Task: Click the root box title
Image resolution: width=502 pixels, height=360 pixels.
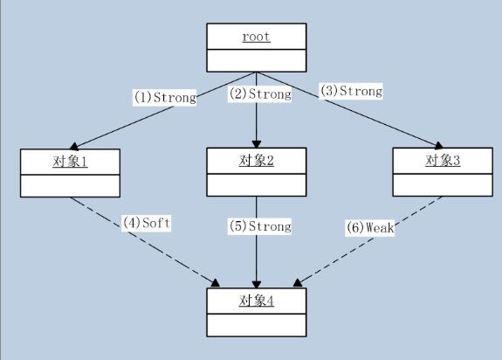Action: pyautogui.click(x=257, y=37)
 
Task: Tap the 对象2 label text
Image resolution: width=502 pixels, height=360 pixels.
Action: pyautogui.click(x=257, y=161)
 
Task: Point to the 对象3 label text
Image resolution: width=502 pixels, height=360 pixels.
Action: pyautogui.click(x=443, y=161)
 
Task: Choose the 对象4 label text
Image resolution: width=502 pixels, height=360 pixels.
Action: pyautogui.click(x=257, y=301)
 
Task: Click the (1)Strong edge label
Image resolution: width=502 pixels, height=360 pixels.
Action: pyautogui.click(x=164, y=97)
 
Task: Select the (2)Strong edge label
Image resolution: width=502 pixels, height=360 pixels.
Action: pyautogui.click(x=259, y=93)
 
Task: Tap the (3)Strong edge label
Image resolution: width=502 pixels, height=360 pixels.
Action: pyautogui.click(x=350, y=90)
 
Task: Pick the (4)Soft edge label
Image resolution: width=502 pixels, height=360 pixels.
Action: pyautogui.click(x=145, y=223)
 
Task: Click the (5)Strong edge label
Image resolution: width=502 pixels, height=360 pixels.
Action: pyautogui.click(x=259, y=226)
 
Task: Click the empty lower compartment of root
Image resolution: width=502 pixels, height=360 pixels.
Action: pyautogui.click(x=257, y=60)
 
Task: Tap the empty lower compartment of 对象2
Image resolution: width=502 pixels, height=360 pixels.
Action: pyautogui.click(x=257, y=185)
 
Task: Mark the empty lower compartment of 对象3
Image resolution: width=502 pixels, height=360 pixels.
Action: pyautogui.click(x=443, y=185)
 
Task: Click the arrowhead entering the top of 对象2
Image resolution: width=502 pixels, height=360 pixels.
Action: pyautogui.click(x=257, y=142)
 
